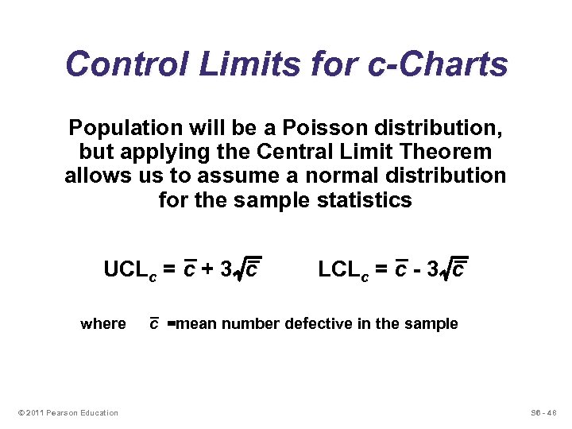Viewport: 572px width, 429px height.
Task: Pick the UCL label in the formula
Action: (x=132, y=270)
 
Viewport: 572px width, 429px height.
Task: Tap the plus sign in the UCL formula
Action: (x=207, y=270)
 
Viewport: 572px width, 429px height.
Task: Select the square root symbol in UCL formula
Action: (x=238, y=272)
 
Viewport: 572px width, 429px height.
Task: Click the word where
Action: (x=103, y=323)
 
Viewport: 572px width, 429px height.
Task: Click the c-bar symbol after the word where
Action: (x=154, y=323)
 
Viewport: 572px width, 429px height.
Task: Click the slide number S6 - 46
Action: (x=544, y=412)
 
